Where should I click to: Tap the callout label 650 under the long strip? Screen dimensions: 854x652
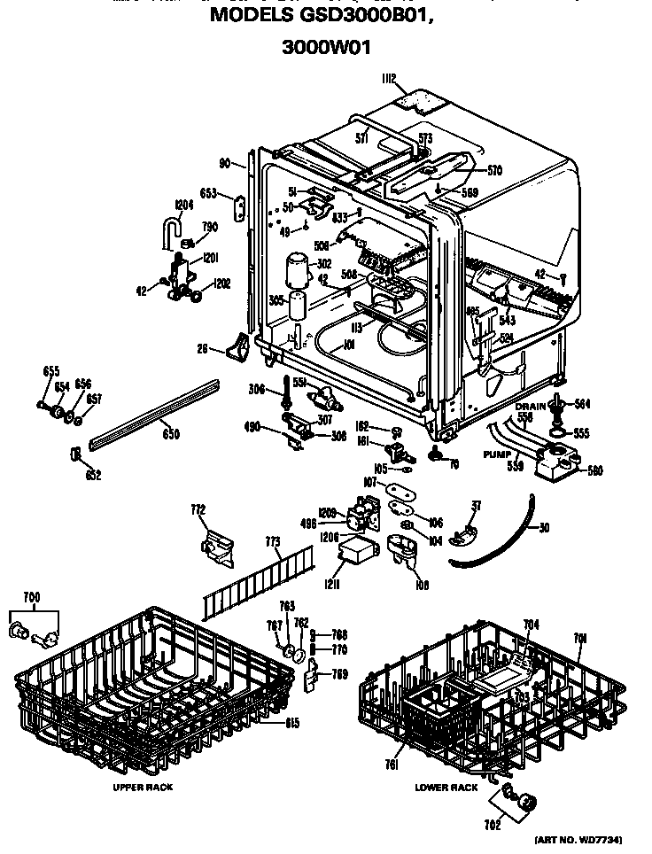(x=170, y=434)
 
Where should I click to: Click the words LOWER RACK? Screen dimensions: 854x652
(x=446, y=787)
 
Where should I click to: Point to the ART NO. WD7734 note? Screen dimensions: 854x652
(x=585, y=839)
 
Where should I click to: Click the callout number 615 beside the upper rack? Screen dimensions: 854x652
(x=291, y=722)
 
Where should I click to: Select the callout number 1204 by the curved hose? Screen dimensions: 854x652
(x=183, y=205)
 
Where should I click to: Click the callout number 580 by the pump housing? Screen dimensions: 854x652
(x=594, y=471)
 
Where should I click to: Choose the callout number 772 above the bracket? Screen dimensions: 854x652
(x=198, y=509)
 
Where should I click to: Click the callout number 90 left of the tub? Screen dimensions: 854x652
(x=225, y=163)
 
